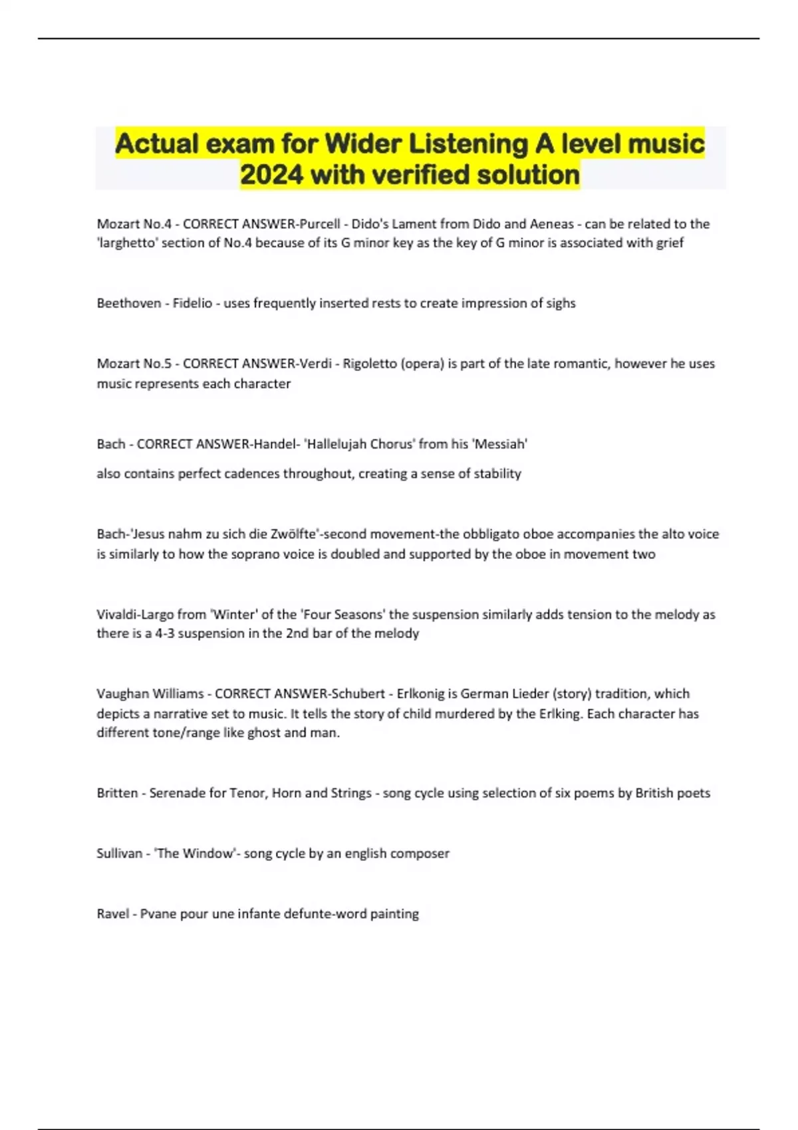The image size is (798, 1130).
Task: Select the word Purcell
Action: [x=319, y=224]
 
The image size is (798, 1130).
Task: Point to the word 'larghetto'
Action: [x=128, y=243]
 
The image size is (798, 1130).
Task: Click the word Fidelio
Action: [x=192, y=303]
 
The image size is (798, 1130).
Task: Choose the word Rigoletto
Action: [x=370, y=364]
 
